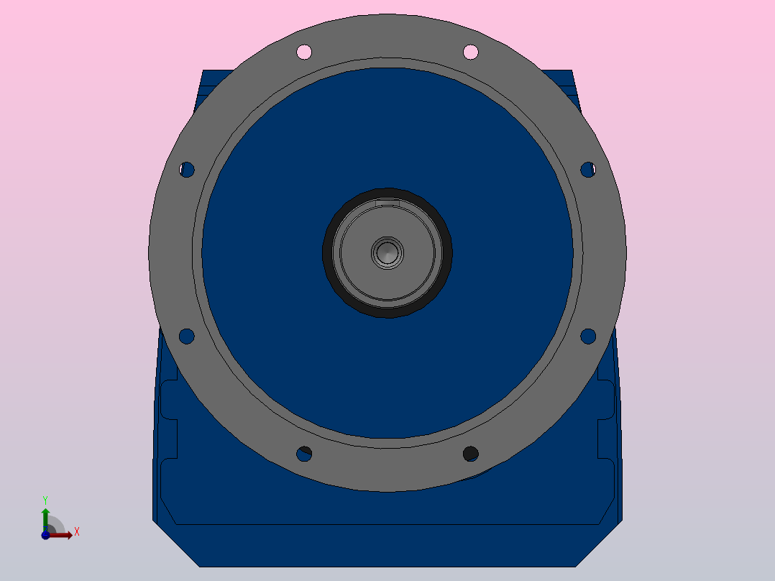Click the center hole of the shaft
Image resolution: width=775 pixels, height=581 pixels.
pos(387,252)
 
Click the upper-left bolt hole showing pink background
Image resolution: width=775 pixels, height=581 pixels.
pos(304,52)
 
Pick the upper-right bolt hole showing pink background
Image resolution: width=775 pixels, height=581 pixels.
pos(471,52)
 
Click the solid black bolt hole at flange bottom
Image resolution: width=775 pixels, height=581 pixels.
pos(470,453)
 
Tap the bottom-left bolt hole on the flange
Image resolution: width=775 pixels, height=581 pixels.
pos(304,454)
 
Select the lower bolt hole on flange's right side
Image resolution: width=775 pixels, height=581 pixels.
pos(588,335)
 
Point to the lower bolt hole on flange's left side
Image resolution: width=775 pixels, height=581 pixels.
pos(186,336)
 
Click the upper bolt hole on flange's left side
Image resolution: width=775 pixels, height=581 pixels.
pos(187,170)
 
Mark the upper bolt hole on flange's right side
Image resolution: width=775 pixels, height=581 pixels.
pos(588,170)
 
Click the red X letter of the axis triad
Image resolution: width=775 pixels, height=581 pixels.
pos(76,532)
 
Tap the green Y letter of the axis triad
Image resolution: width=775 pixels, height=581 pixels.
pos(45,499)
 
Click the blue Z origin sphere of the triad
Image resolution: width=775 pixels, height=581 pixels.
pos(45,535)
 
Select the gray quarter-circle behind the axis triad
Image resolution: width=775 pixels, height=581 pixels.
pos(55,526)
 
